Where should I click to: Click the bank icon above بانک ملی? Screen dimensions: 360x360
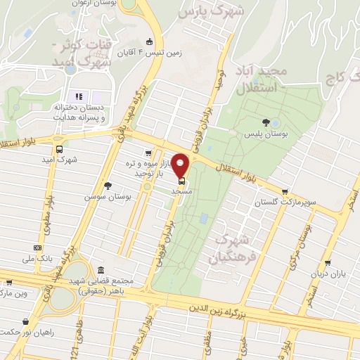click(37, 248)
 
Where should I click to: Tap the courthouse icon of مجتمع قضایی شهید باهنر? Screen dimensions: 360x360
click(101, 271)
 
